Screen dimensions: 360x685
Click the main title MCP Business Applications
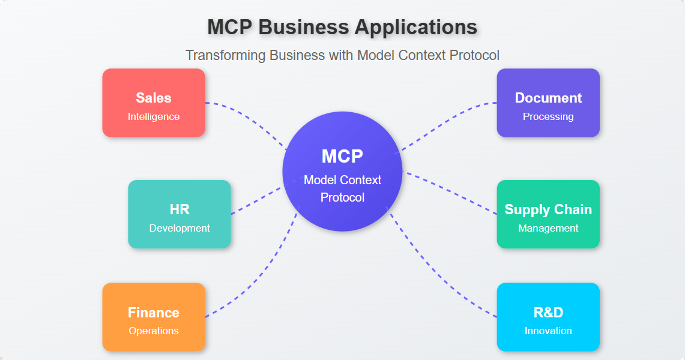tap(342, 27)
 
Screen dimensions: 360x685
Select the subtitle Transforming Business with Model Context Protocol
tap(342, 55)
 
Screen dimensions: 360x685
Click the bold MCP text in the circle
tap(342, 156)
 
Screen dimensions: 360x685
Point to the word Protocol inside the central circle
tap(342, 197)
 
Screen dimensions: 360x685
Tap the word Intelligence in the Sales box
tap(154, 116)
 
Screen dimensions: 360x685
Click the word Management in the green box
tap(548, 228)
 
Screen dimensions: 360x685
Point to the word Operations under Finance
tap(154, 331)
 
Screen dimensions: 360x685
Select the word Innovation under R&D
tap(548, 331)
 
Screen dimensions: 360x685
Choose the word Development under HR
tap(180, 228)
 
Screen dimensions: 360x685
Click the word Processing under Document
tap(548, 116)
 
